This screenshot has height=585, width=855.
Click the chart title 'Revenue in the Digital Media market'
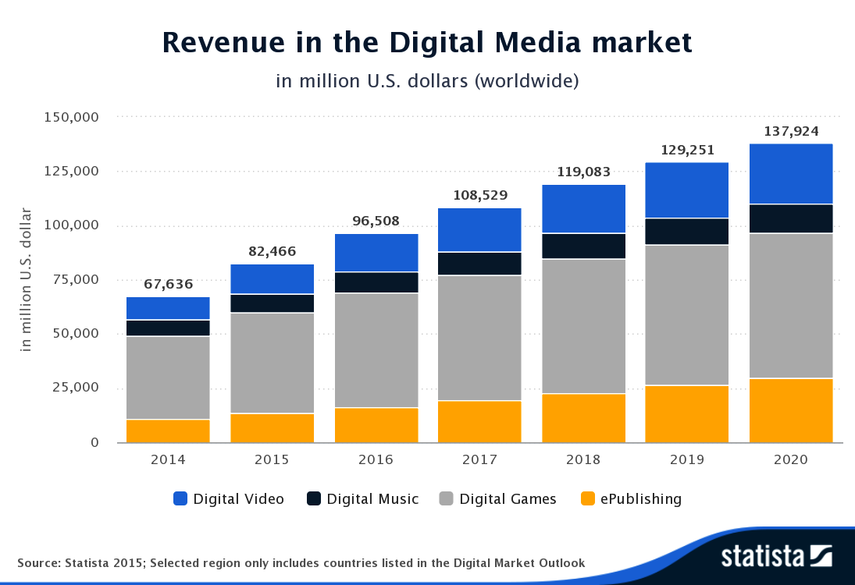[x=427, y=43]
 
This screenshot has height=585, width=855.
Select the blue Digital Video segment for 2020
[x=791, y=174]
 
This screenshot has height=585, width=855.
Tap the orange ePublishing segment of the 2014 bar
[x=168, y=431]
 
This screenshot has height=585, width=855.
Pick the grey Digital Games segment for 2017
[x=479, y=338]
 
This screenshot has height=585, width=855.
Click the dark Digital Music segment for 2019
[x=687, y=232]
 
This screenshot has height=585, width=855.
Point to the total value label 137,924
[x=791, y=131]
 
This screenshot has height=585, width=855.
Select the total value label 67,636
[x=168, y=284]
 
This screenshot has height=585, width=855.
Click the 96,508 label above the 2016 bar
[x=376, y=221]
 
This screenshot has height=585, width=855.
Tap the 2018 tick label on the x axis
[x=583, y=459]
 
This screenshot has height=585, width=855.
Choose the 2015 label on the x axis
[x=272, y=459]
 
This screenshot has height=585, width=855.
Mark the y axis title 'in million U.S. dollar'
[x=26, y=279]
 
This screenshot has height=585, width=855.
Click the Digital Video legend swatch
[x=180, y=499]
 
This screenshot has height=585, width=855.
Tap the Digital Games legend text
[x=508, y=499]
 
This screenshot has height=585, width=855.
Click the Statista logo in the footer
[x=776, y=556]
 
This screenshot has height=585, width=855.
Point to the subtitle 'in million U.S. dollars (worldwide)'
[x=427, y=80]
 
